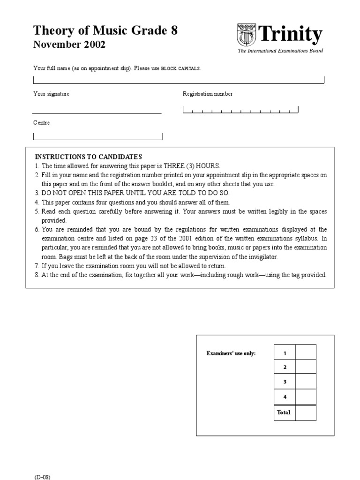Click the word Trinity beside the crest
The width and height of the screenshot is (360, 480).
pos(291,35)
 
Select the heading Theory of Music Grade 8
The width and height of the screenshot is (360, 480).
pos(105,31)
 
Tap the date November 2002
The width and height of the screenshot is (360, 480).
pos(69,45)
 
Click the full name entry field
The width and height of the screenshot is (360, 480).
pos(179,79)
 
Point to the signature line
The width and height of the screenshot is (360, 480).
pos(97,112)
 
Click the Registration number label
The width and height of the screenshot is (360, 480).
pos(207,94)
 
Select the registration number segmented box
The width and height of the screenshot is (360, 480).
pos(240,110)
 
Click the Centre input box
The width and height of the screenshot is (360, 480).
pos(98,136)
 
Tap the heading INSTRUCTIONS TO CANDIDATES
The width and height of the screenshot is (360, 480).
pos(89,157)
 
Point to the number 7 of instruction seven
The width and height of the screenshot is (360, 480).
pos(36,266)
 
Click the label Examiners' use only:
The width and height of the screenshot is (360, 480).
pos(231,353)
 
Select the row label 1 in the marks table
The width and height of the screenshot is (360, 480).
pos(285,352)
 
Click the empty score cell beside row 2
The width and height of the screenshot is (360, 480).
pos(306,367)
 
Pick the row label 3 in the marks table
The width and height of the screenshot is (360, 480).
pos(285,382)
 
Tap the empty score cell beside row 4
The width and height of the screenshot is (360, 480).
pos(306,397)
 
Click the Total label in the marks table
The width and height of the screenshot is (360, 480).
pos(284,412)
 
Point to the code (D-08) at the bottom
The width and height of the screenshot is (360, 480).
pos(42,477)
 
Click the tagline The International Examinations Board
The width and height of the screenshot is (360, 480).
pos(280,51)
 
